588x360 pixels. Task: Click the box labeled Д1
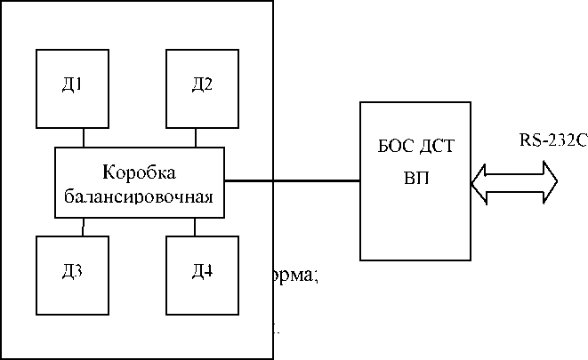[71, 89]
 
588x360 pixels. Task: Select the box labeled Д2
[202, 89]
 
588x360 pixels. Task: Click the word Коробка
[139, 171]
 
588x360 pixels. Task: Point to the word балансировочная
[139, 193]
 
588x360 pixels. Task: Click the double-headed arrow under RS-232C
[516, 181]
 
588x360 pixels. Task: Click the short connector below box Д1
[84, 138]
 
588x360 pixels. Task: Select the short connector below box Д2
[196, 138]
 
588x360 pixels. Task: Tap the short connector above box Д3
[84, 227]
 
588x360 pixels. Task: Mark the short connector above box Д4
[196, 227]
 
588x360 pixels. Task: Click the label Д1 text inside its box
[71, 86]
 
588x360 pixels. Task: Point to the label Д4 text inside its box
[202, 270]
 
